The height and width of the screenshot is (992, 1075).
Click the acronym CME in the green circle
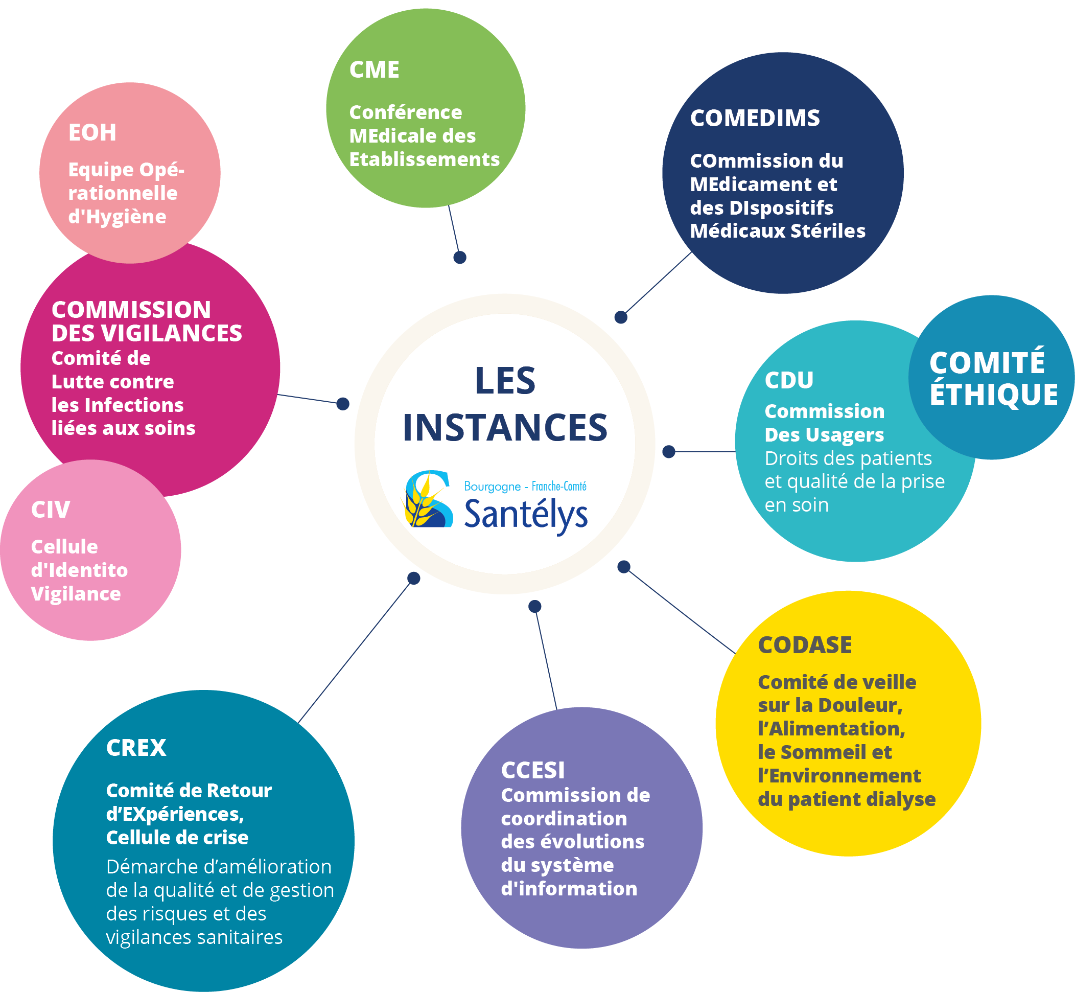click(374, 70)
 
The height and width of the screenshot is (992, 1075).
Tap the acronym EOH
click(92, 132)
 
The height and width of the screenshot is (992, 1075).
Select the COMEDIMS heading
click(755, 118)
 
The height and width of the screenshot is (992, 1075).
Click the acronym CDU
click(789, 380)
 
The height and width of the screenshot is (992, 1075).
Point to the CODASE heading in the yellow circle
click(805, 644)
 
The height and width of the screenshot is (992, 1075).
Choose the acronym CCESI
click(532, 770)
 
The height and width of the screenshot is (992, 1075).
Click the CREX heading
click(136, 748)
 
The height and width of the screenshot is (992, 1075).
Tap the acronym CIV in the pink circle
click(51, 510)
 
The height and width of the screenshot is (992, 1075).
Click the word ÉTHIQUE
click(993, 394)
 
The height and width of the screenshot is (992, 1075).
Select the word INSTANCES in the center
click(504, 428)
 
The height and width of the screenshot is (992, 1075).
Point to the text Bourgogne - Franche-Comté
click(525, 487)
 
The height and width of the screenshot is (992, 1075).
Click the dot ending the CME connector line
click(459, 257)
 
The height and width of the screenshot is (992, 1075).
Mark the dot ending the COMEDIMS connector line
click(620, 317)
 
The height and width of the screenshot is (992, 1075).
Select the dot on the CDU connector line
click(668, 451)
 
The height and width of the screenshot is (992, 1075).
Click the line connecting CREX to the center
click(354, 652)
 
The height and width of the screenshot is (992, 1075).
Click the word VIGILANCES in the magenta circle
click(171, 333)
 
